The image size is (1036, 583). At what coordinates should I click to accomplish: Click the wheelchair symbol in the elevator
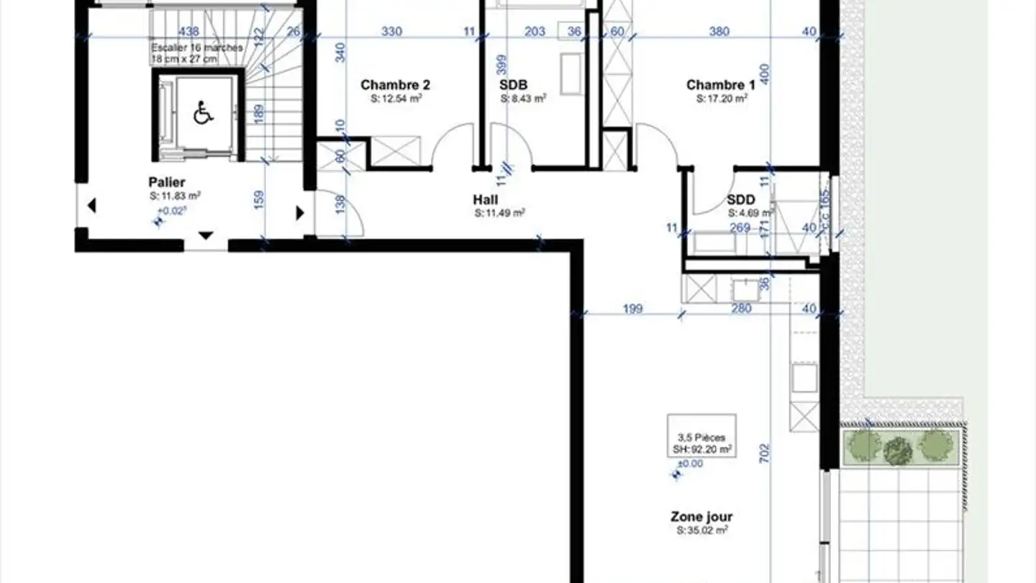204,113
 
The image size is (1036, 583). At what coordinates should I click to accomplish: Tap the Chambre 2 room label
396,85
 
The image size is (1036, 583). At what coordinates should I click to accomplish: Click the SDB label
514,85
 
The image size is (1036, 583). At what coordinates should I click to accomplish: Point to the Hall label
486,199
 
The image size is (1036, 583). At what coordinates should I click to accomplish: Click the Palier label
167,182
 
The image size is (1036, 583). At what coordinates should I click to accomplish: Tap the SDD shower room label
740,199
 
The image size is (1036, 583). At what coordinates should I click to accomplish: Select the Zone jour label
701,517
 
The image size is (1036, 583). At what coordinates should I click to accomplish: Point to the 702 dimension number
765,452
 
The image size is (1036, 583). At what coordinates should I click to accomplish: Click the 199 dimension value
632,309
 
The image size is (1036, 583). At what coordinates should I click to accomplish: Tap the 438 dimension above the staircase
188,32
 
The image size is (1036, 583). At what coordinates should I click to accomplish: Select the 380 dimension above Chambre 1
719,32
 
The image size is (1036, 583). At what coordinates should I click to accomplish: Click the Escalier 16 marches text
196,48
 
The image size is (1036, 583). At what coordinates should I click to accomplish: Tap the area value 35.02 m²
701,530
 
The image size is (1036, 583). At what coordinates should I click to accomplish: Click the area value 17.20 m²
722,99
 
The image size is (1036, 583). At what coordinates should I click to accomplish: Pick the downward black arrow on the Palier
206,235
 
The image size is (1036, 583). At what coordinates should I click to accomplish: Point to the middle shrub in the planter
897,451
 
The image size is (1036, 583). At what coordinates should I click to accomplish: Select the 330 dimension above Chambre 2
391,32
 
